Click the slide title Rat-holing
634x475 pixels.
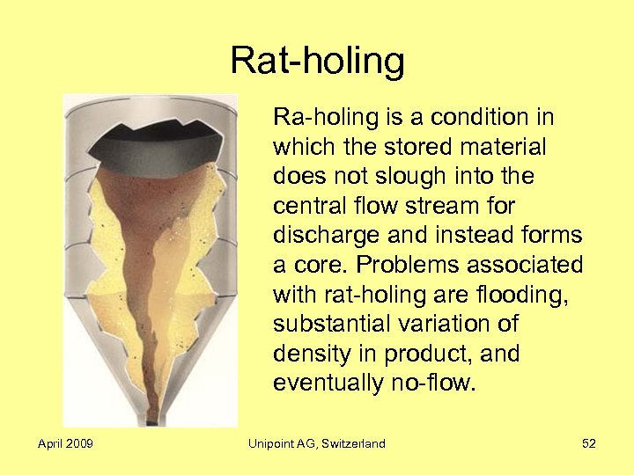click(317, 62)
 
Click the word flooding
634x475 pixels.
click(528, 295)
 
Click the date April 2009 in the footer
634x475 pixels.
click(66, 443)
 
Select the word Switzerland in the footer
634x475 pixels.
click(350, 443)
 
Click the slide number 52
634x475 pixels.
click(588, 443)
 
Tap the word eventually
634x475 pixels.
click(326, 384)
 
